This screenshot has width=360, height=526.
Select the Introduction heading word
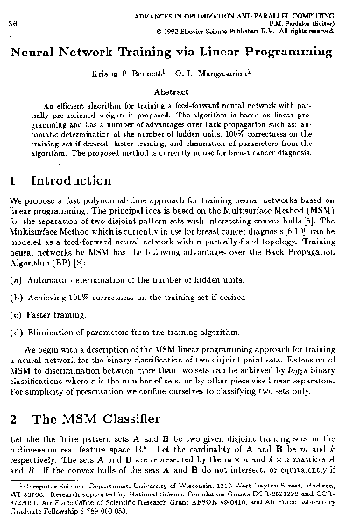click(71, 183)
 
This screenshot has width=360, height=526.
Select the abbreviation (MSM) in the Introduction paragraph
click(329, 213)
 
